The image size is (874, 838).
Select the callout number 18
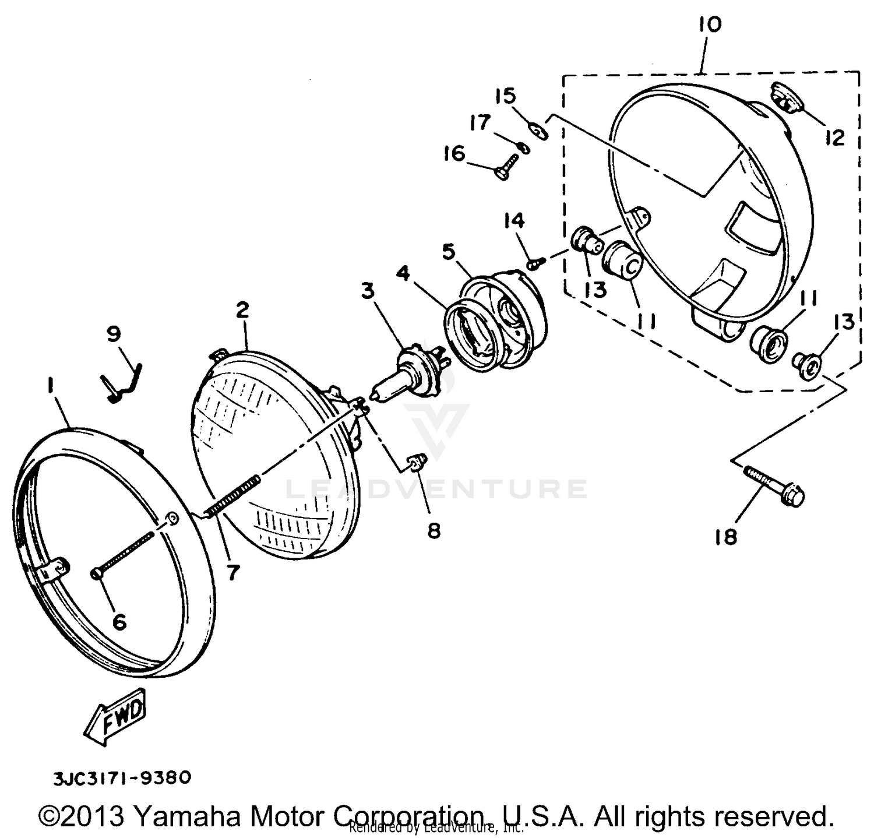coord(726,537)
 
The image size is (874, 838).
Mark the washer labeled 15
coord(540,131)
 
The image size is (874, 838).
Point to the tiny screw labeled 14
coord(534,263)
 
